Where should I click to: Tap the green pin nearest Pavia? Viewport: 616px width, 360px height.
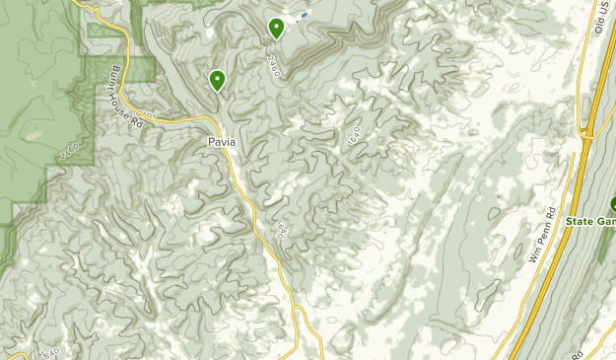pyautogui.click(x=217, y=80)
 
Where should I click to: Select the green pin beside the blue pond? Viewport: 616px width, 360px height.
pyautogui.click(x=277, y=28)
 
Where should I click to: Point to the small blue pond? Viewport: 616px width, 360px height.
pyautogui.click(x=303, y=16)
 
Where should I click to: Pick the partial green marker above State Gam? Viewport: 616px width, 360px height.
pyautogui.click(x=612, y=205)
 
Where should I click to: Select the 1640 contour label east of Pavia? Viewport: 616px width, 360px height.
pyautogui.click(x=354, y=138)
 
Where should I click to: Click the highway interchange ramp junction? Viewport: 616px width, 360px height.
pyautogui.click(x=588, y=130)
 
